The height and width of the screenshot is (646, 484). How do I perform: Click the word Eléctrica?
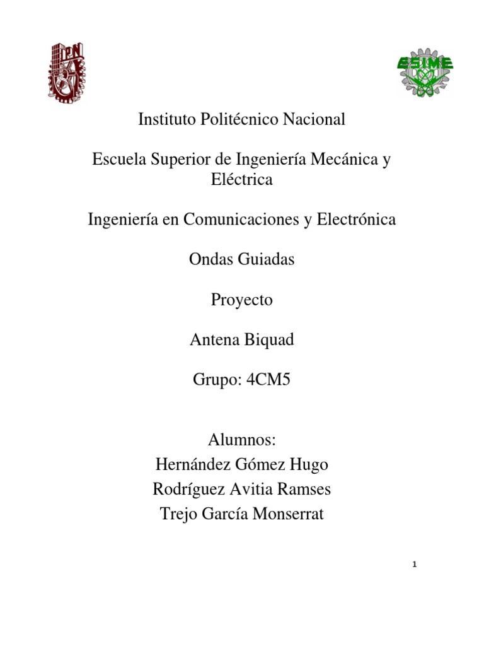(x=242, y=180)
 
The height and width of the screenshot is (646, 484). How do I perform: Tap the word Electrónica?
(x=356, y=220)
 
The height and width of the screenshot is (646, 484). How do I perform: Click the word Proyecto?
(x=242, y=300)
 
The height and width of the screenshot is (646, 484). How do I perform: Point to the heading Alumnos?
(x=242, y=440)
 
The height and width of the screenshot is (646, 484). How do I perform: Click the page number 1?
(x=413, y=564)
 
